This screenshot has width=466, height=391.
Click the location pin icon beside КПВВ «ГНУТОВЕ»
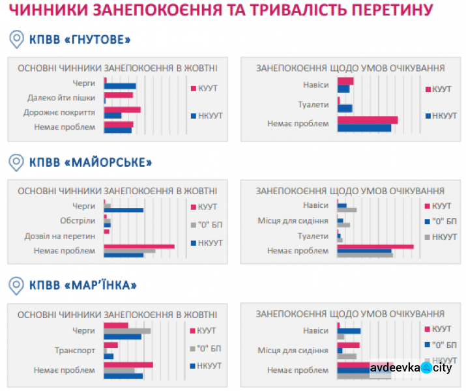[x=17, y=40]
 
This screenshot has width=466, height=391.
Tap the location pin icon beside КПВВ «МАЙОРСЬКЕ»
[x=17, y=161]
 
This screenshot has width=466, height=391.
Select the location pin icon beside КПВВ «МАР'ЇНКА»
[x=17, y=284]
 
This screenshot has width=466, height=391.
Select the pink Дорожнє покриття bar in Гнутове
[x=123, y=110]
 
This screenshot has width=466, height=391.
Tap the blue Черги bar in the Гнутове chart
[x=121, y=86]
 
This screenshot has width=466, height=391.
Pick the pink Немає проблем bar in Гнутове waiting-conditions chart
[x=368, y=120]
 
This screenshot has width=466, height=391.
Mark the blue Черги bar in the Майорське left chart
[x=124, y=210]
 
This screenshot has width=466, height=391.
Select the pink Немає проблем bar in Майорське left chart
[x=139, y=246]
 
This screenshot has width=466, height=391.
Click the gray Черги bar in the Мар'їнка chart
[x=127, y=331]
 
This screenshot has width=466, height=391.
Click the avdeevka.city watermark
[x=411, y=368]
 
